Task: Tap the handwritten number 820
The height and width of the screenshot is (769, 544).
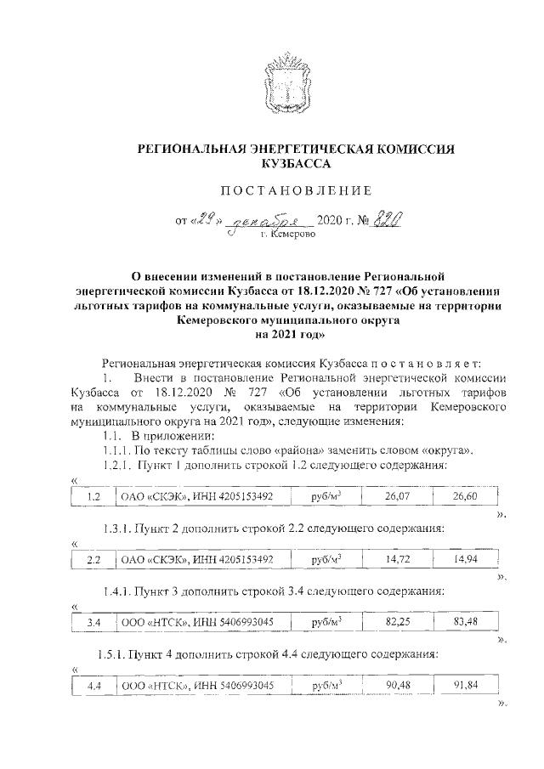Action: (388, 220)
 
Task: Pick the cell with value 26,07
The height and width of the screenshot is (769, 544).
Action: (395, 495)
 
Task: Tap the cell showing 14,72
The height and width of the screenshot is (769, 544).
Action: (395, 559)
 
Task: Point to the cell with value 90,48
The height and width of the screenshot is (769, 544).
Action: (395, 685)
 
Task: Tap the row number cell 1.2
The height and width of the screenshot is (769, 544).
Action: (94, 495)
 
